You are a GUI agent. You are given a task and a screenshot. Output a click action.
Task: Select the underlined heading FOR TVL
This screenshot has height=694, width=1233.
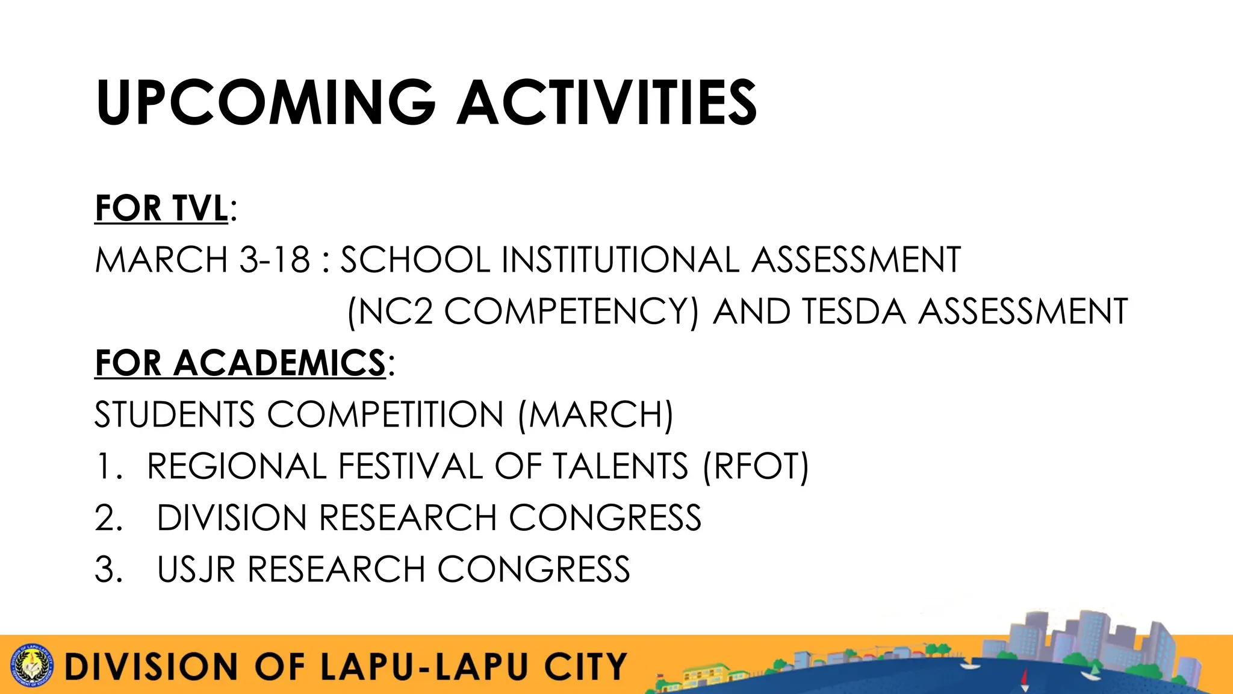(x=161, y=208)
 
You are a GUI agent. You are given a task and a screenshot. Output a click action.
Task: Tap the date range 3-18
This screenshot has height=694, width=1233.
(x=275, y=260)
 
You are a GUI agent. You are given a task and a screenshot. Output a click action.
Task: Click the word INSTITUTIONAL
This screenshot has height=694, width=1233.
(x=620, y=260)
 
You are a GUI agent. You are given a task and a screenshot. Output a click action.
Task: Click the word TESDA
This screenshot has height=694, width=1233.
(x=854, y=312)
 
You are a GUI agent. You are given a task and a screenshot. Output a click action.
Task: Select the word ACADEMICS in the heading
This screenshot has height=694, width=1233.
(x=279, y=363)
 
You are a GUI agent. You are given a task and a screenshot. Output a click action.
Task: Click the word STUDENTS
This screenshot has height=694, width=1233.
(x=175, y=415)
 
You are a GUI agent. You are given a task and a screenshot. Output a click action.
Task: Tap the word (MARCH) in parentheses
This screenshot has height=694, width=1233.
(x=595, y=415)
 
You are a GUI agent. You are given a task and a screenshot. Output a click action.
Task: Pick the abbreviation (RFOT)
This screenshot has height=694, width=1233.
(x=756, y=467)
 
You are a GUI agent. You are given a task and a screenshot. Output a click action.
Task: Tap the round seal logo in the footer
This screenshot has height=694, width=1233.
(x=33, y=666)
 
